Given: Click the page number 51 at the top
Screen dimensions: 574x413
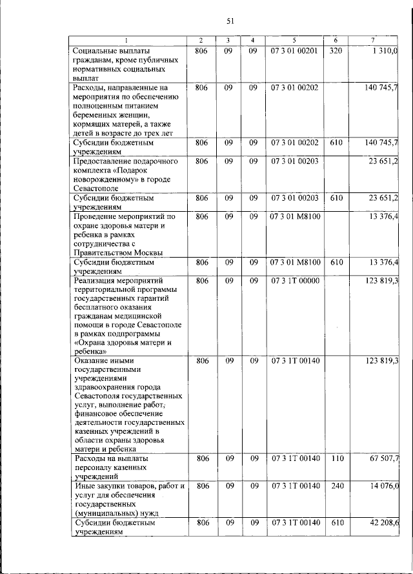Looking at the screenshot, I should [x=230, y=21].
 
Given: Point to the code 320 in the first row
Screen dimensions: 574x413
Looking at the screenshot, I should [x=335, y=50].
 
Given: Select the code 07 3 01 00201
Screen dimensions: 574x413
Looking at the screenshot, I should [x=294, y=50].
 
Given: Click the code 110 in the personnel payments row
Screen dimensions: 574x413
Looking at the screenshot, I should [x=335, y=458].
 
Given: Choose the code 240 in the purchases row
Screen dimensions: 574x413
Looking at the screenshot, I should [x=335, y=486].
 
